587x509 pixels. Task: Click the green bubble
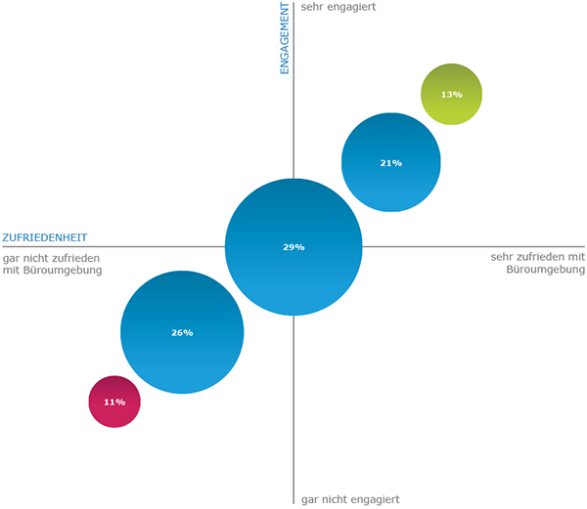pos(451,94)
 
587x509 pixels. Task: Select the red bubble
pos(114,402)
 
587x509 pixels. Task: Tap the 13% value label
pos(451,95)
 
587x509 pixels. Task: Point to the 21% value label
pos(391,163)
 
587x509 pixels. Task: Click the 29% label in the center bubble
pos(293,247)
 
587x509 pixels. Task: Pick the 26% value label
pos(182,332)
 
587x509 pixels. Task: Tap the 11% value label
pos(114,403)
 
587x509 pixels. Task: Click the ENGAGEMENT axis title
pos(285,38)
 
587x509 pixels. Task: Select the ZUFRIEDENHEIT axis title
pos(45,237)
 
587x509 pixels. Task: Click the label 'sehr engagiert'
pos(339,7)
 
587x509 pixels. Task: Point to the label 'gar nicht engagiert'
pos(350,499)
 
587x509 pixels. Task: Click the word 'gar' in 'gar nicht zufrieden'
pos(11,259)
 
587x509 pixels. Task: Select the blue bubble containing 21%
pos(391,162)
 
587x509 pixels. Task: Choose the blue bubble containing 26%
pos(182,332)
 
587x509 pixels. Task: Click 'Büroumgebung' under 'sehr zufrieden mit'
pos(546,270)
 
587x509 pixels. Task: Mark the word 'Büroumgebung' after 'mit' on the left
pos(63,271)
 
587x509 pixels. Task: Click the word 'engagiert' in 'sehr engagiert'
pos(351,8)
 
